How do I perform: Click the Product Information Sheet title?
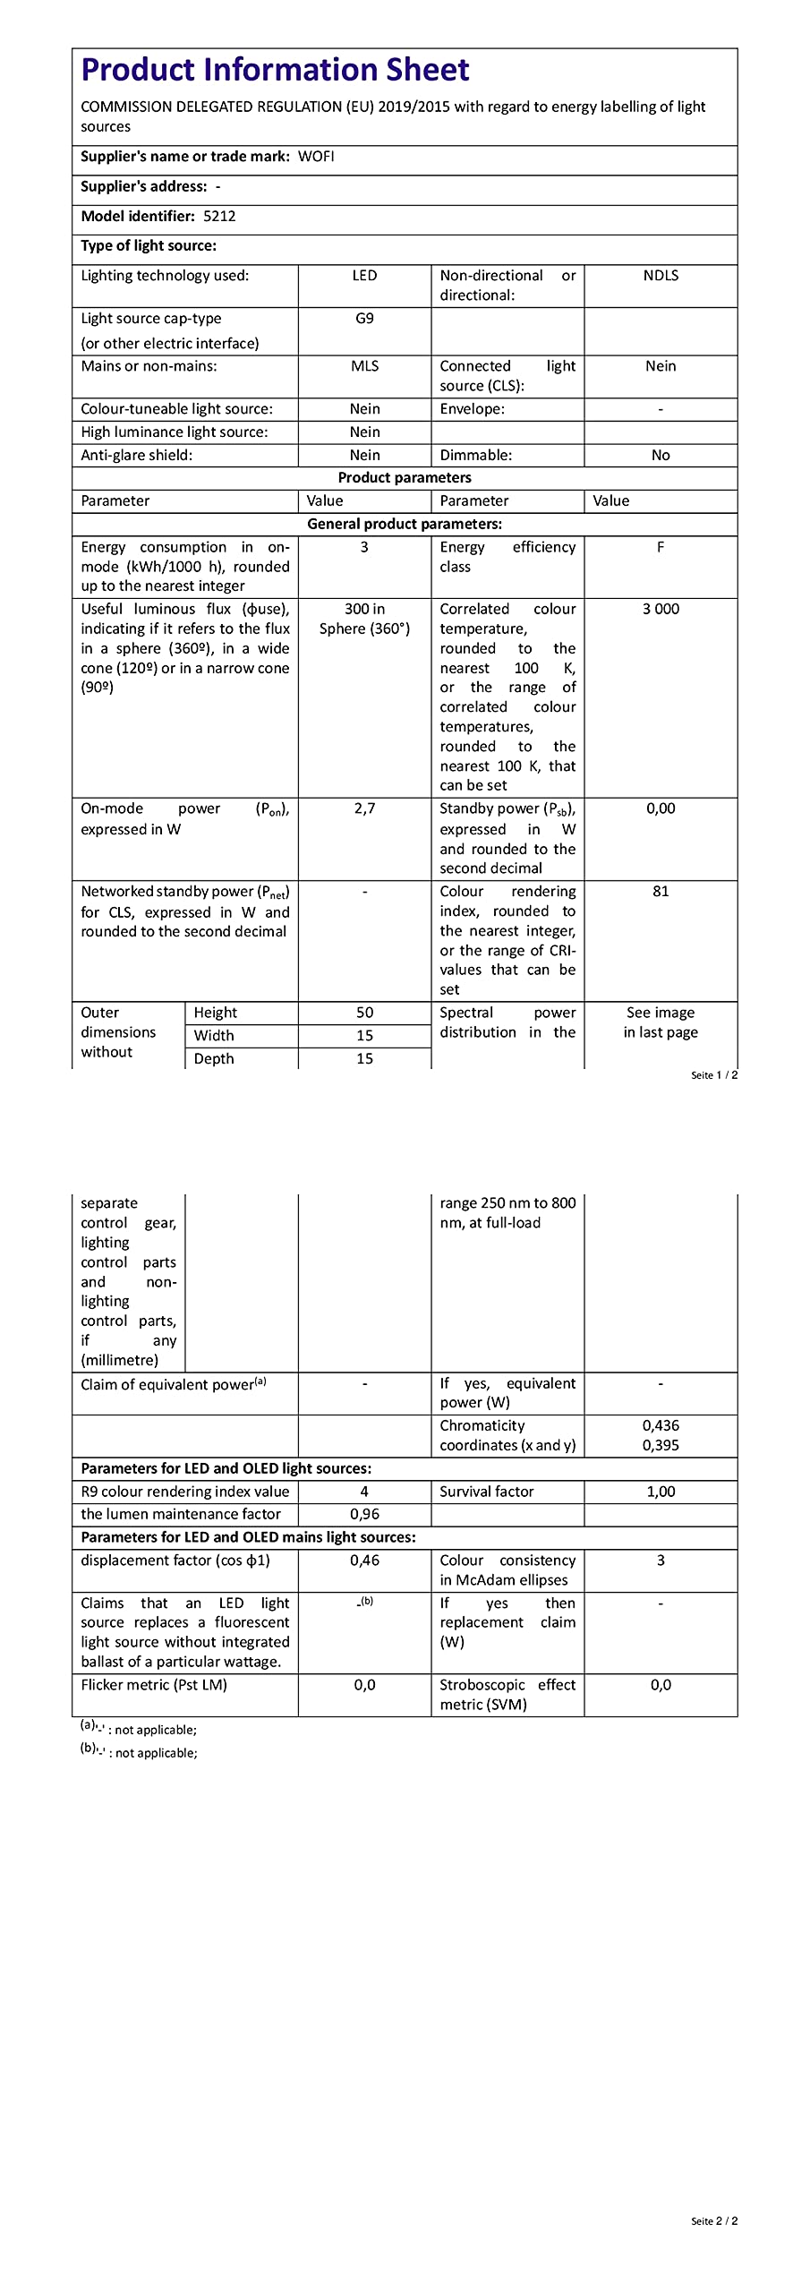click(275, 70)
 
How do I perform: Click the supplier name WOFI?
click(316, 157)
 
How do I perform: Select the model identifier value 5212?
click(219, 216)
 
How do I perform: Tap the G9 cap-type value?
click(364, 319)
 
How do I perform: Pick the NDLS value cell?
click(661, 276)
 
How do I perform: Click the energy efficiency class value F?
click(661, 547)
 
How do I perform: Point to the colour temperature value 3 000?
click(661, 609)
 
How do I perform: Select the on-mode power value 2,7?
click(364, 808)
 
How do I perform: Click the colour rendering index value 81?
click(661, 892)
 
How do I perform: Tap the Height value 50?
click(364, 1013)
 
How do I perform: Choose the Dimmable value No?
click(661, 455)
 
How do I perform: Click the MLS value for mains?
click(364, 366)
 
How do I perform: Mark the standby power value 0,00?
click(661, 808)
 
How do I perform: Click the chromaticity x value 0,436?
click(661, 1425)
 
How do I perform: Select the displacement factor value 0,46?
click(364, 1561)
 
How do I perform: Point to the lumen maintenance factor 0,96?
click(364, 1514)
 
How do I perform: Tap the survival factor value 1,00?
click(661, 1492)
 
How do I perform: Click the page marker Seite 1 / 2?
click(714, 1075)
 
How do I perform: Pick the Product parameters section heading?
click(405, 478)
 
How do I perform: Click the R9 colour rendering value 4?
click(364, 1492)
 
